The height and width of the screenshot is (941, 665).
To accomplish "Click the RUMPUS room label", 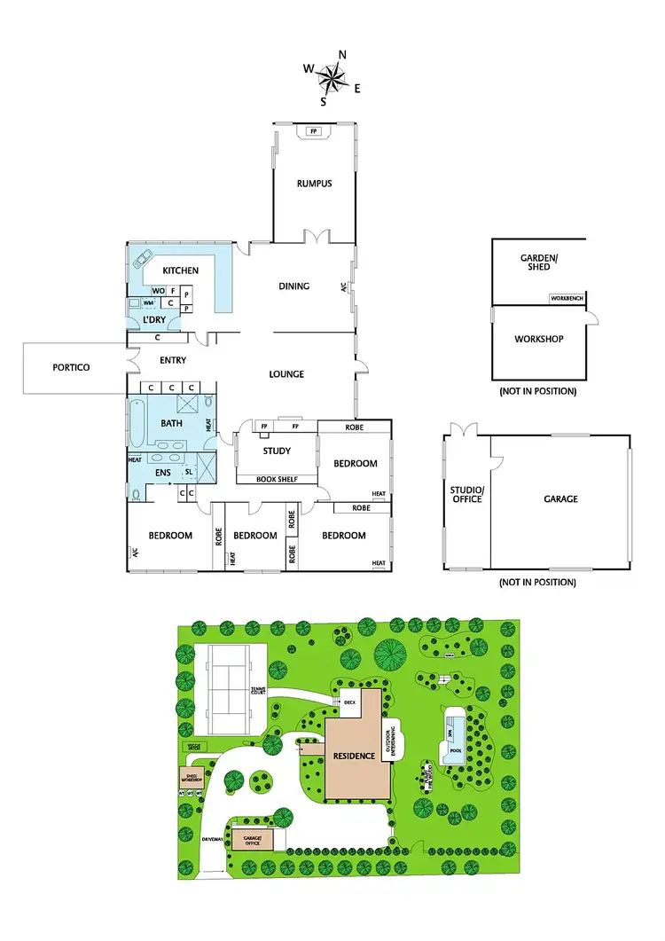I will click(x=314, y=184).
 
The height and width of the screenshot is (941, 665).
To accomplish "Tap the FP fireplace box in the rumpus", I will click(x=313, y=131).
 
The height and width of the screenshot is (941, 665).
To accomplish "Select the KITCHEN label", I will click(x=180, y=271).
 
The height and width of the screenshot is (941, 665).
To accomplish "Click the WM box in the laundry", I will click(x=148, y=302).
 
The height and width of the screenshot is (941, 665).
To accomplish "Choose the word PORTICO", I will click(x=71, y=367).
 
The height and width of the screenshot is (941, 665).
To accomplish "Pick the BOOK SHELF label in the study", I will click(x=277, y=480).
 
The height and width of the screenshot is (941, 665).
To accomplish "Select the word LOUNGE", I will click(x=286, y=374).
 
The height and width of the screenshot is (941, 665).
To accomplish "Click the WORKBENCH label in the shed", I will click(x=567, y=298).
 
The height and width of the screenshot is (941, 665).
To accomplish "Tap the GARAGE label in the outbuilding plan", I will click(x=560, y=499).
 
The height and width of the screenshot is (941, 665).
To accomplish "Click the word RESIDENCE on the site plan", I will click(x=356, y=756).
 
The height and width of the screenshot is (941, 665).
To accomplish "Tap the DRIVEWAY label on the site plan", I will click(x=211, y=838).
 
